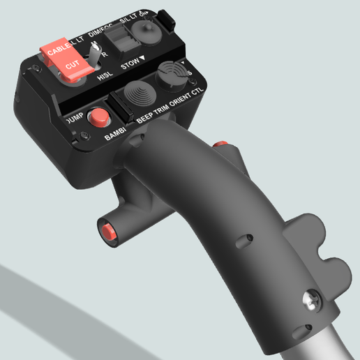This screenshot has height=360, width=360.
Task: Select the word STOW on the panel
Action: [x=130, y=66]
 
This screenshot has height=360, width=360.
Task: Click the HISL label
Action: [x=105, y=77]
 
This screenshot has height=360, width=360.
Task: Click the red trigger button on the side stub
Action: [x=107, y=233]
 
